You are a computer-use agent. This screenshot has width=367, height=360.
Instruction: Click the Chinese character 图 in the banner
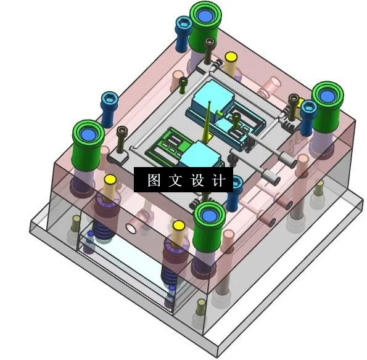(154, 181)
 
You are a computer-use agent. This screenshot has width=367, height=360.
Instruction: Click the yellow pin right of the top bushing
(231, 63)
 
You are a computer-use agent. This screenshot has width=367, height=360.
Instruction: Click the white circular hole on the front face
(131, 227)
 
